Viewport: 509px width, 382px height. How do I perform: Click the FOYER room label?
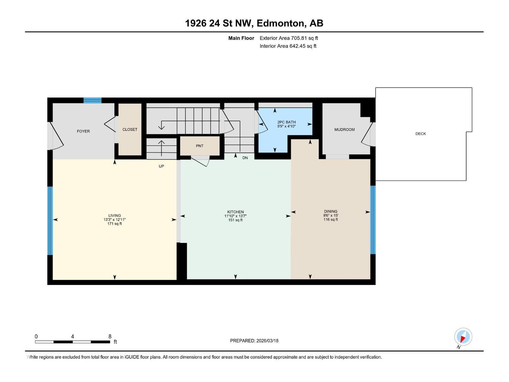[83, 131]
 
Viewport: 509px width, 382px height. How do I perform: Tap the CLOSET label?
[130, 130]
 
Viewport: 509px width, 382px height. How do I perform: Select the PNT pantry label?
[199, 146]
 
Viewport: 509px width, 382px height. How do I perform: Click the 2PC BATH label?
[286, 122]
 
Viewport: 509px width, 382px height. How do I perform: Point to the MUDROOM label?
[344, 130]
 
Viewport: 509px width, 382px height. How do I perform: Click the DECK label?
[420, 134]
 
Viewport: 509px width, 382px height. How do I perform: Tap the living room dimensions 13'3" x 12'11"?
[115, 220]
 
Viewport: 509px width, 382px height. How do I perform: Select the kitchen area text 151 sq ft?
[235, 220]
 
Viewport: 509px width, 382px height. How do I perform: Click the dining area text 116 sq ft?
[331, 219]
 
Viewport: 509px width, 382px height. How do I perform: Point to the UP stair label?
[161, 166]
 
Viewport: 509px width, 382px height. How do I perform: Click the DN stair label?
[245, 158]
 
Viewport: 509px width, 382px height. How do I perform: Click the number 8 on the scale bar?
[110, 336]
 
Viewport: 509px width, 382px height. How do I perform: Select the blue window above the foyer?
[93, 101]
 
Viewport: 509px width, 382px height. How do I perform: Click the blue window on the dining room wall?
[373, 220]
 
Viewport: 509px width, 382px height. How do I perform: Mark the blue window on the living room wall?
[50, 221]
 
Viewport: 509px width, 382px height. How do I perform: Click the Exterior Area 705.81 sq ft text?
[289, 38]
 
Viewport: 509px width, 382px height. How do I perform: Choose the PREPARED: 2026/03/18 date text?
[254, 341]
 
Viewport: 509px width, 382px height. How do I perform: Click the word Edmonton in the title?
[280, 23]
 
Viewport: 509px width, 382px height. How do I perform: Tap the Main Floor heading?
[241, 38]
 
